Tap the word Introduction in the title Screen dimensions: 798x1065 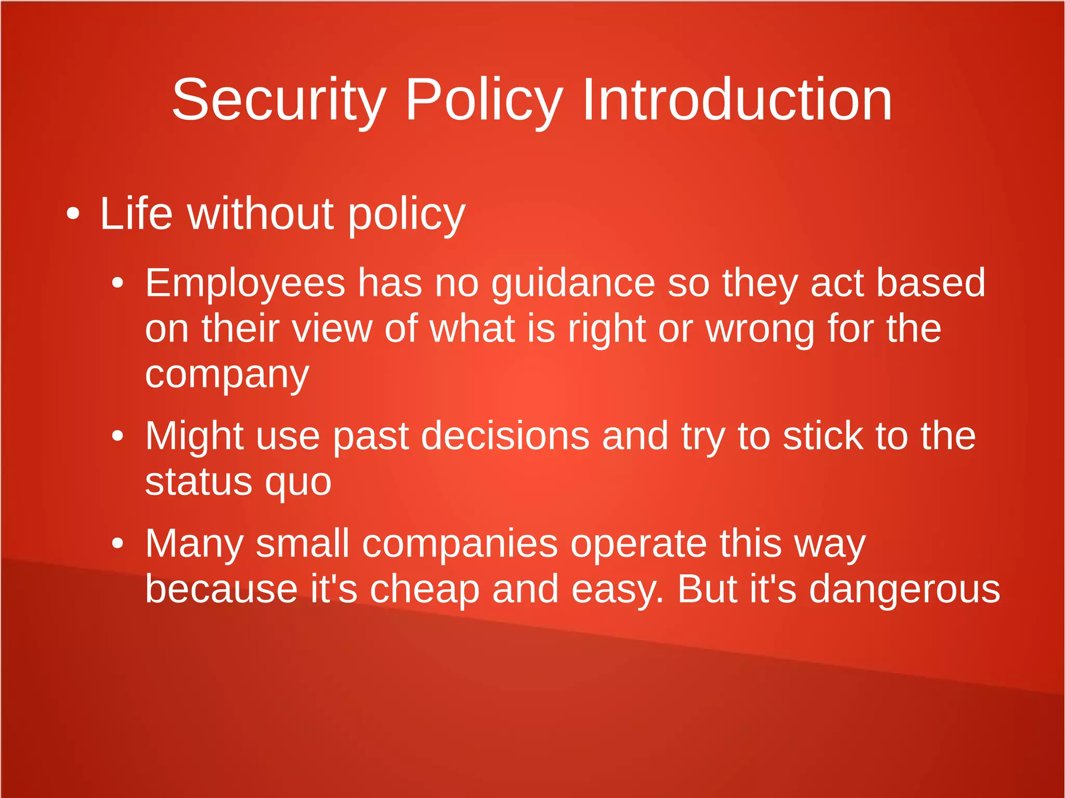(737, 100)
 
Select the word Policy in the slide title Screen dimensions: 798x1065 (484, 100)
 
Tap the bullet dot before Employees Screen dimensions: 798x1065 (118, 283)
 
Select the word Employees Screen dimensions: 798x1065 (245, 283)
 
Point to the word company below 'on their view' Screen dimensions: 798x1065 (227, 375)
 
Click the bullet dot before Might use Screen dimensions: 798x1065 (118, 436)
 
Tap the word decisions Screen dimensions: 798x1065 (505, 436)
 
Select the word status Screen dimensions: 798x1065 (198, 482)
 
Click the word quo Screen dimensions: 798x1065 (298, 483)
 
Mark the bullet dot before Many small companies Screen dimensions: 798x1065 (118, 544)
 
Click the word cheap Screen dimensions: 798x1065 (424, 590)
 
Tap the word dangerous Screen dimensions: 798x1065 (904, 590)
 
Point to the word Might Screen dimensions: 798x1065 (194, 436)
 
